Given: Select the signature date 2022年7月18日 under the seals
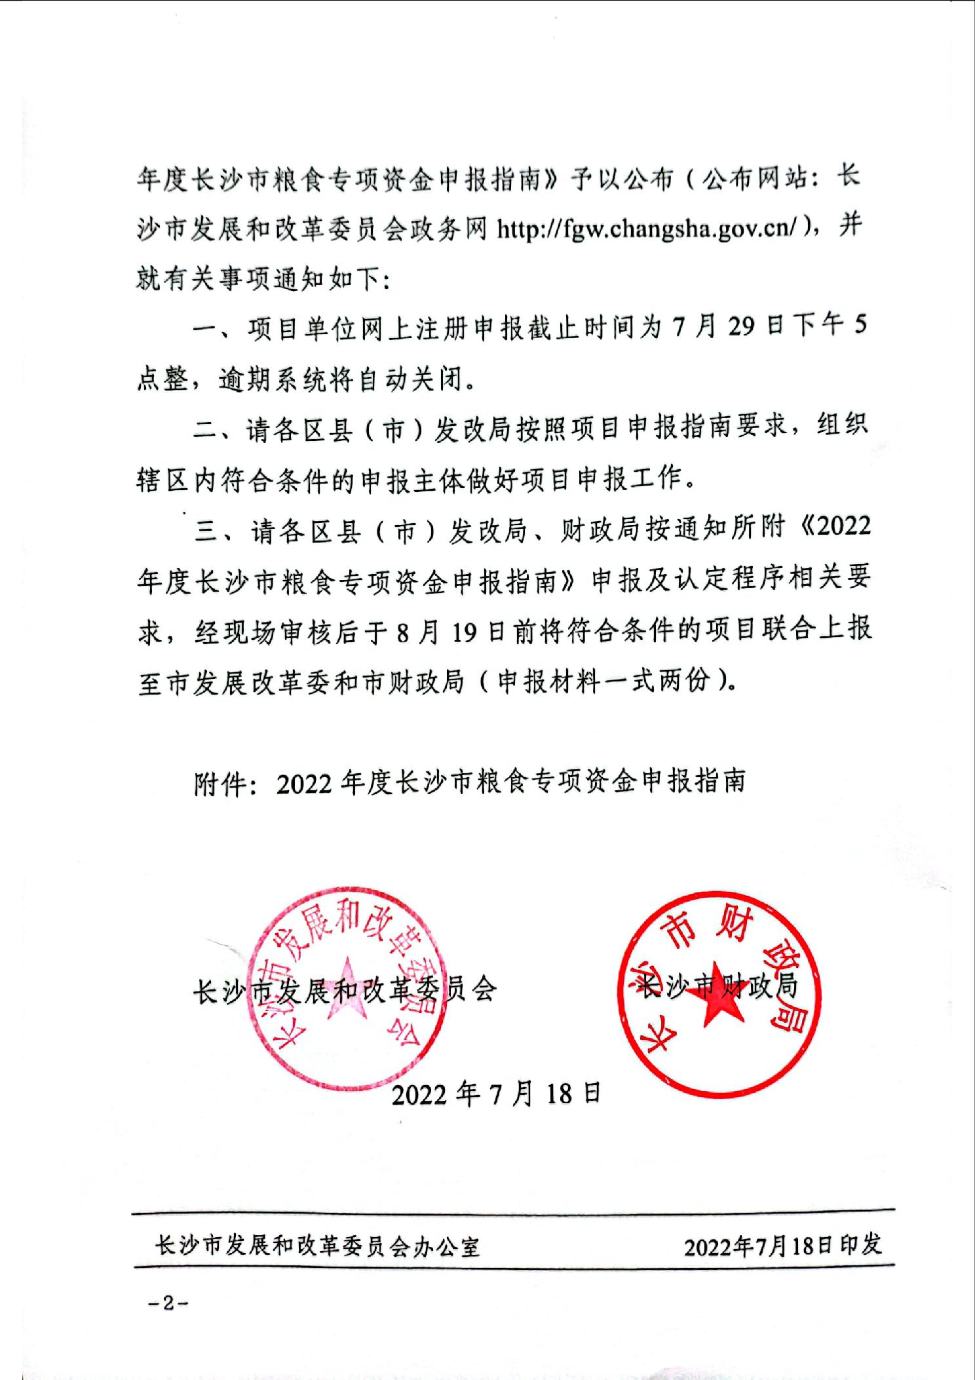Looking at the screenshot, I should coord(496,1094).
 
